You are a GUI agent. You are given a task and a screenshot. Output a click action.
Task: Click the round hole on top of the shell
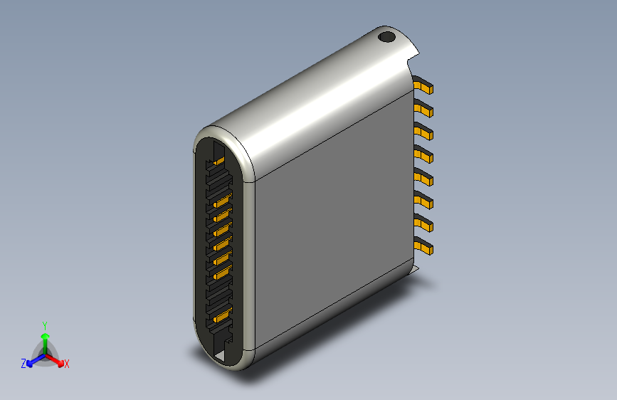click(x=386, y=36)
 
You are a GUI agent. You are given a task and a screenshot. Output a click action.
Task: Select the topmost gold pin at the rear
click(x=425, y=87)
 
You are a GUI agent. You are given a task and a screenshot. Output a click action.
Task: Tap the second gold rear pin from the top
click(x=425, y=109)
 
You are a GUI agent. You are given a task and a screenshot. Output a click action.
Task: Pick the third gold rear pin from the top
click(x=425, y=132)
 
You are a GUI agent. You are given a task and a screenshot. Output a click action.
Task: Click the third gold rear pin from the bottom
click(x=425, y=201)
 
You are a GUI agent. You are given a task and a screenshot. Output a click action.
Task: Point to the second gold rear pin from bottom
click(x=425, y=224)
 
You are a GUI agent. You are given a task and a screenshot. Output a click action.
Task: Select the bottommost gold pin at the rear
click(x=425, y=248)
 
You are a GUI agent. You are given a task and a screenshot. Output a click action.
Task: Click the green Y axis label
click(x=45, y=325)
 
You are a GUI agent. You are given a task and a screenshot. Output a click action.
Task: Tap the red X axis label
click(x=67, y=364)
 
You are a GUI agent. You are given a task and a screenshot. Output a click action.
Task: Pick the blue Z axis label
click(x=23, y=364)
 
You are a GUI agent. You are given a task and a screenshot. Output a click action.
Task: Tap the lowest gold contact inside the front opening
click(x=220, y=315)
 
